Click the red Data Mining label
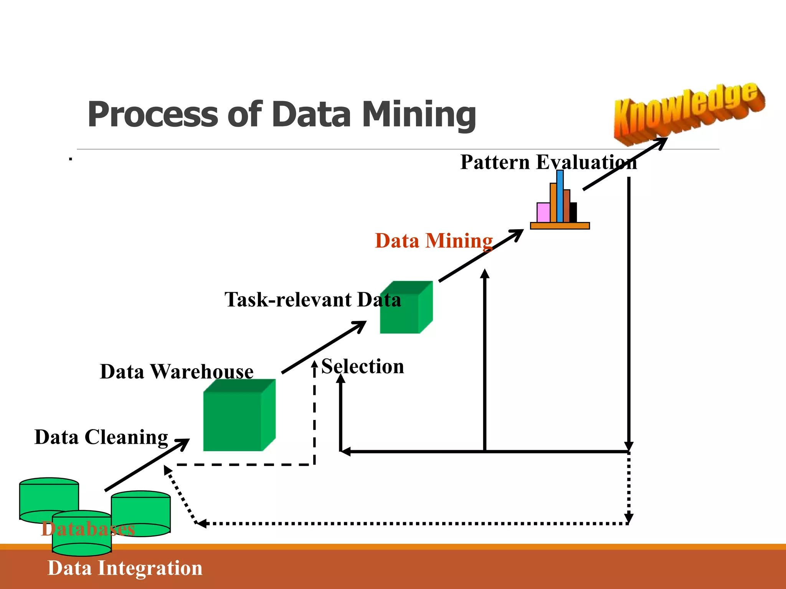pos(434,241)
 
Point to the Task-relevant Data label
pos(312,299)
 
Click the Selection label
pos(362,366)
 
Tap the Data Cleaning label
pos(101,437)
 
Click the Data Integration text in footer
pos(125,568)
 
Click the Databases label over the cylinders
pos(88,529)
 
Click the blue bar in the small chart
pos(560,196)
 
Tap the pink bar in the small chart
pos(543,212)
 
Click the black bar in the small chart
pos(573,212)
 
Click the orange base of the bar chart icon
pos(560,226)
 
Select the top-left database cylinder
pos(49,497)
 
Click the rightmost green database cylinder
pos(141,514)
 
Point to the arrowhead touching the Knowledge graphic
pos(662,142)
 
